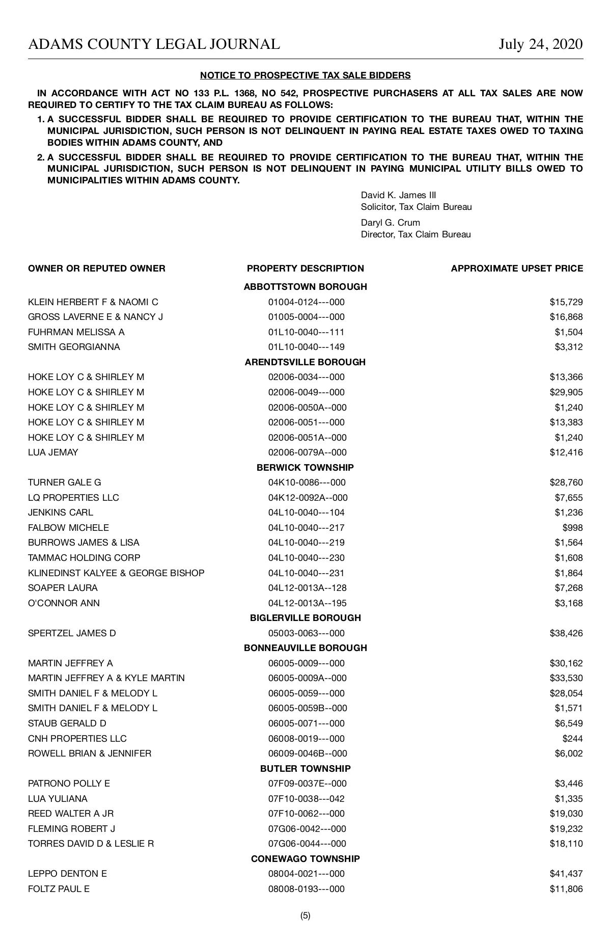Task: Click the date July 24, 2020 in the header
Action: tap(540, 44)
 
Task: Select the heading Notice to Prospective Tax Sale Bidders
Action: tap(305, 75)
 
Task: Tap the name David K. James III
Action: tap(398, 195)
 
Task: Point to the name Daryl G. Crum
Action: tap(390, 223)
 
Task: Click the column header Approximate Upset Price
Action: tap(517, 268)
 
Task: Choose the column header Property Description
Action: tap(305, 268)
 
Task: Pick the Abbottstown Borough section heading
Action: tap(305, 287)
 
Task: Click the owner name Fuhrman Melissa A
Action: tap(76, 332)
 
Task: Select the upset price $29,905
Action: tap(566, 392)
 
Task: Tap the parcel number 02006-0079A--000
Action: tap(307, 452)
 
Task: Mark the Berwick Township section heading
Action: tap(305, 468)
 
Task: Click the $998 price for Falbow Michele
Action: tap(572, 528)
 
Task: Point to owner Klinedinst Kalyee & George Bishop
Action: tap(116, 573)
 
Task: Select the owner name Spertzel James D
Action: tap(72, 633)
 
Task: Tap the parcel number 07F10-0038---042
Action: tap(306, 799)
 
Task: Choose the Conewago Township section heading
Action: tap(305, 859)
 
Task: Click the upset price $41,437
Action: tap(566, 874)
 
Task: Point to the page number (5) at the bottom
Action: tap(305, 915)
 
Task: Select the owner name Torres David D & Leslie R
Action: tap(91, 844)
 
